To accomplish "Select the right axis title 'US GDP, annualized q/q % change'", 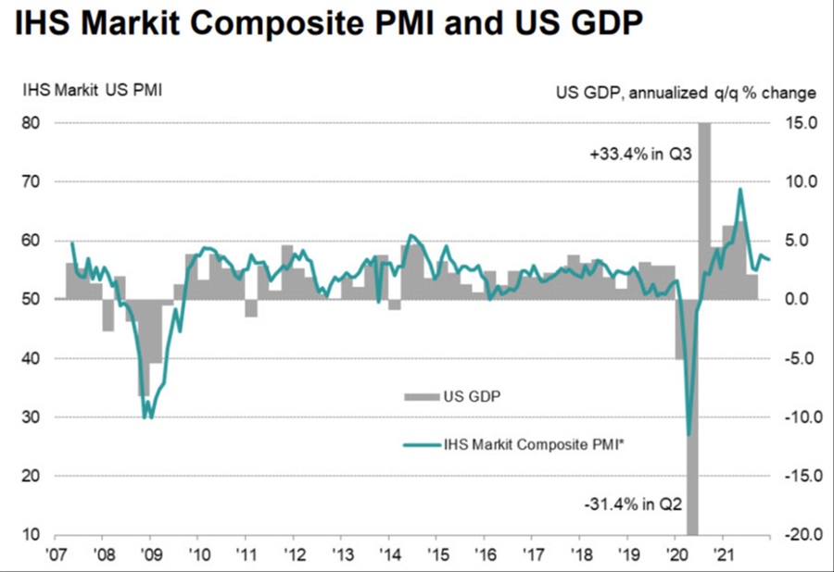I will [x=686, y=92].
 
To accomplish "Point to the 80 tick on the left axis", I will [x=33, y=122].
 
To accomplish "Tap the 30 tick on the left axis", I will [x=33, y=417].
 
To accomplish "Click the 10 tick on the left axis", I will [x=33, y=535].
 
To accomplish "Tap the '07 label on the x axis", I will [x=56, y=554].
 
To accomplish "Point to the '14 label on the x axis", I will [x=387, y=554].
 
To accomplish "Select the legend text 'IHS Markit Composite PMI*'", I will [x=527, y=444].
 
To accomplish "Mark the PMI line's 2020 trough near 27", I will [x=689, y=434].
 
